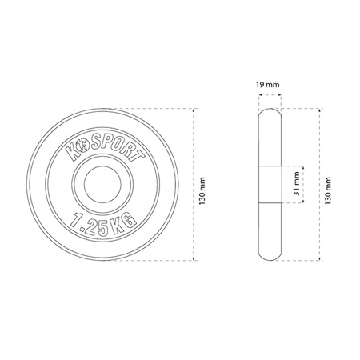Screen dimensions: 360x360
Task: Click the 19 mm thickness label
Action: coord(267,85)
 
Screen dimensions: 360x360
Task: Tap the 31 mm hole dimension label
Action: coord(297,184)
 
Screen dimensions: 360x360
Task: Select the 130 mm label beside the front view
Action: coord(202,191)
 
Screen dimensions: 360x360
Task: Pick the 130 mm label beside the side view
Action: coord(328,191)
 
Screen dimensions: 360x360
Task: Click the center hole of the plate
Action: coord(102,184)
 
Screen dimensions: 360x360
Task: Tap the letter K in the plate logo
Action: coord(72,153)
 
